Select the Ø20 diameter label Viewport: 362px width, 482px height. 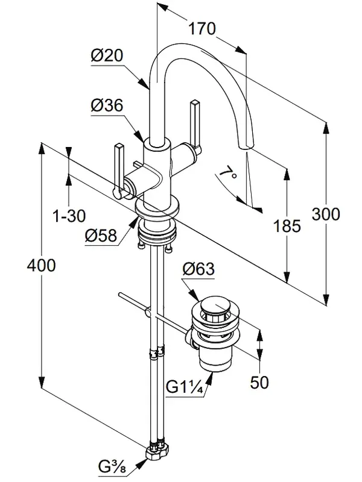coord(107,55)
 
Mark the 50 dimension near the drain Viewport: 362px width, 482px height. coord(260,381)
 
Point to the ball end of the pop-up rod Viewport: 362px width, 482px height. coord(147,313)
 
